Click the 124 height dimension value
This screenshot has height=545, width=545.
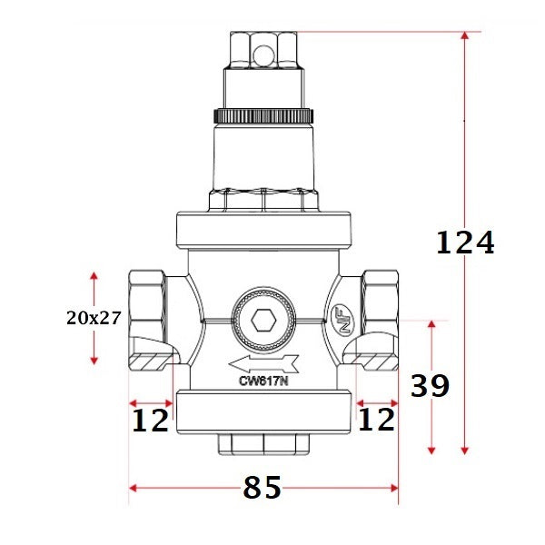pos(465,243)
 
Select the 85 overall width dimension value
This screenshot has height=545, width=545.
pos(263,488)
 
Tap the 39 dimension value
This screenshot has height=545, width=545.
pos(430,386)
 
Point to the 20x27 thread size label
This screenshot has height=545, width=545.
pos(94,318)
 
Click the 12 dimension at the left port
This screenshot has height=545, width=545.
pos(150,420)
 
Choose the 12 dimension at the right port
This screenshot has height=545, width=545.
pos(376,420)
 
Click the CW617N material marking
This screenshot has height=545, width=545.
pos(263,382)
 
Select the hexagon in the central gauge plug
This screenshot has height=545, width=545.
pos(263,321)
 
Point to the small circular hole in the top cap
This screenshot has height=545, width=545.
pos(263,56)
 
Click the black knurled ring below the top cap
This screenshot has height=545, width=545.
pos(263,115)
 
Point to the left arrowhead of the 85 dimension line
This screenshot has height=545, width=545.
pos(134,488)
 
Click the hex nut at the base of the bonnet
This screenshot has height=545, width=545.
pos(263,200)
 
